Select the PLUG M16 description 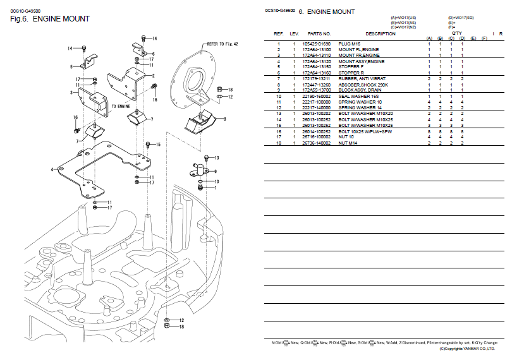350,43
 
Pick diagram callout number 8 224,118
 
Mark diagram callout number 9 216,171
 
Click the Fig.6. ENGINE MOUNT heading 50,19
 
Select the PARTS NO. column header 319,33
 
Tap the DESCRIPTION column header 381,33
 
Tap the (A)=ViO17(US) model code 403,18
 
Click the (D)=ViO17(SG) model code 461,18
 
